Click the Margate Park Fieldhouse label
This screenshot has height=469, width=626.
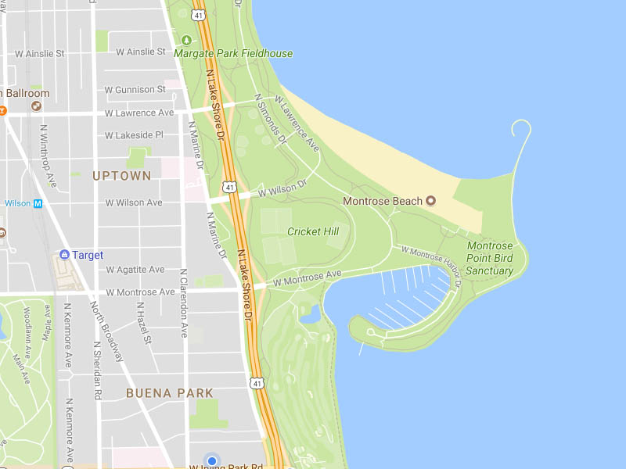pyautogui.click(x=233, y=54)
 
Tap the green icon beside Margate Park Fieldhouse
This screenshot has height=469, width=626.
pyautogui.click(x=186, y=41)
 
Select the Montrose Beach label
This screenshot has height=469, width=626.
pyautogui.click(x=383, y=202)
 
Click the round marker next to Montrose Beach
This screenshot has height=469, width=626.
pyautogui.click(x=430, y=202)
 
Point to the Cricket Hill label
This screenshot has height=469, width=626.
pyautogui.click(x=313, y=231)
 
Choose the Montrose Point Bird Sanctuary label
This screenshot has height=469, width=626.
pyautogui.click(x=490, y=259)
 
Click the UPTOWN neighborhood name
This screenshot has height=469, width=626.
pyautogui.click(x=121, y=176)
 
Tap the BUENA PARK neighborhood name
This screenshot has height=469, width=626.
pyautogui.click(x=170, y=393)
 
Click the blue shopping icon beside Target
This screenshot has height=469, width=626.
pyautogui.click(x=65, y=255)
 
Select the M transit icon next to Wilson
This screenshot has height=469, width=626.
pyautogui.click(x=37, y=203)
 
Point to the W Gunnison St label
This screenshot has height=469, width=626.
pyautogui.click(x=140, y=90)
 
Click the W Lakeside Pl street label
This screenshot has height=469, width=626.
pyautogui.click(x=134, y=134)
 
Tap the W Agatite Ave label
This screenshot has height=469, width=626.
pyautogui.click(x=135, y=270)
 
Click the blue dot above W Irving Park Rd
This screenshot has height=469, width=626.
pyautogui.click(x=211, y=461)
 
